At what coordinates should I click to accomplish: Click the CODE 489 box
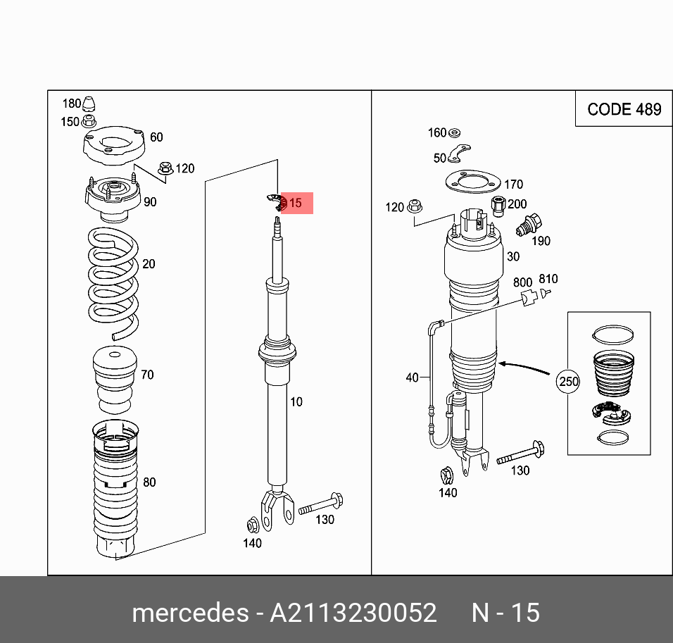[624, 109]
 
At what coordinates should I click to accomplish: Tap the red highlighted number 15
[296, 203]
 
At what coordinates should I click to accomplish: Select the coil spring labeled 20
[113, 282]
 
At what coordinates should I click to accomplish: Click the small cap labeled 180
[90, 103]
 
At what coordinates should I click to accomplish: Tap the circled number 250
[567, 382]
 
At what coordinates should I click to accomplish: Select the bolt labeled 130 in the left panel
[321, 506]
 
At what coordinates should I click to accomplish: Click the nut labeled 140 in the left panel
[252, 525]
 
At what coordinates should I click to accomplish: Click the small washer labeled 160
[454, 132]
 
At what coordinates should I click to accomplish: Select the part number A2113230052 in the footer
[353, 613]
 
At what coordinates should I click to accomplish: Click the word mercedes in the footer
[190, 613]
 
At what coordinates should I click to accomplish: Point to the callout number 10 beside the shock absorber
[296, 402]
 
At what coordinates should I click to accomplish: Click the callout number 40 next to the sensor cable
[413, 378]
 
